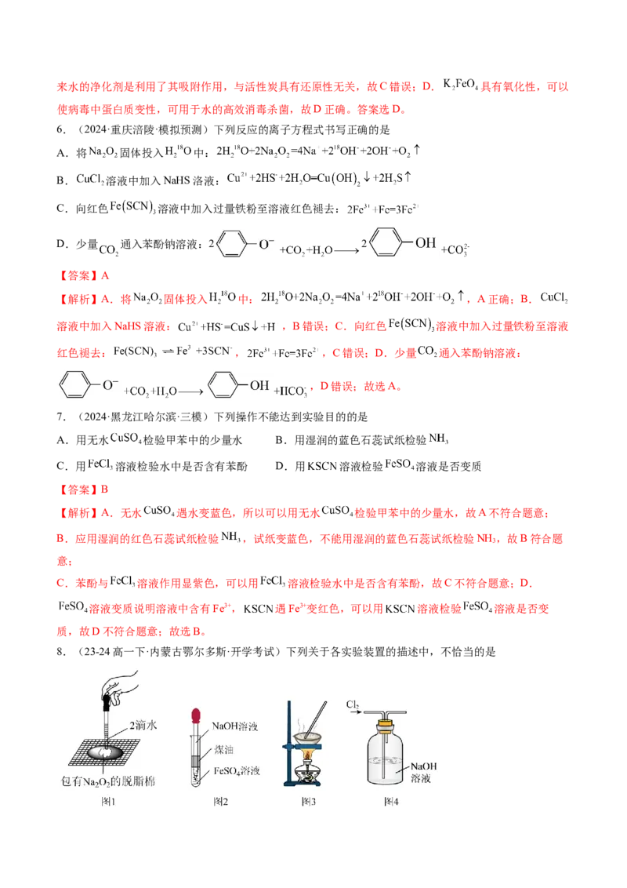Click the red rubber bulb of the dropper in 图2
click(196, 715)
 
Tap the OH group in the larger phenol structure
click(425, 242)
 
